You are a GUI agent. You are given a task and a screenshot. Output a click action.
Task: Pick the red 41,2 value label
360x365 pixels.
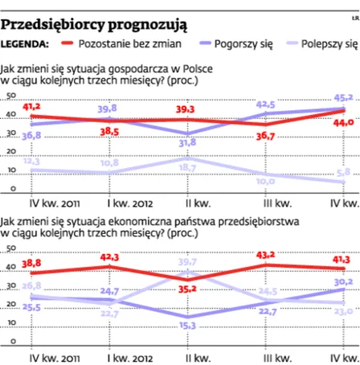click(x=32, y=105)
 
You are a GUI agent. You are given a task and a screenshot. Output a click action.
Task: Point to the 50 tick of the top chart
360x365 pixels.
click(x=10, y=96)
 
